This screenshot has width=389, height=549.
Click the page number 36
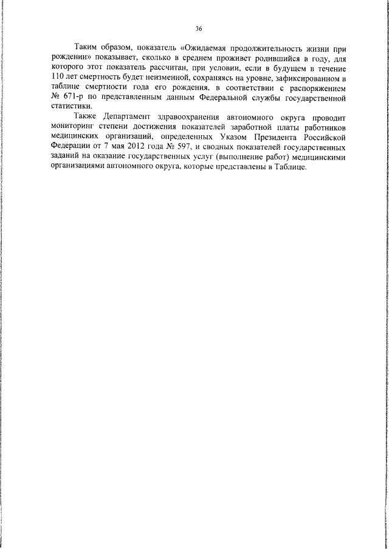(x=199, y=29)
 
